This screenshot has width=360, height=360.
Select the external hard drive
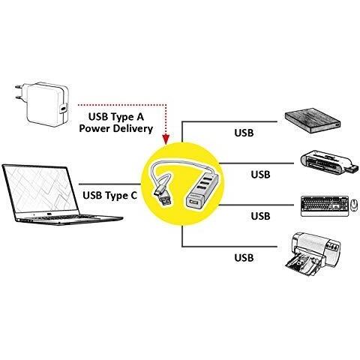pyautogui.click(x=313, y=121)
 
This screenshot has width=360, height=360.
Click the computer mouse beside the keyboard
pyautogui.click(x=354, y=205)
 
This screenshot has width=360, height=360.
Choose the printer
pyautogui.click(x=313, y=254)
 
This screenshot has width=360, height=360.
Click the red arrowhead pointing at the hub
pyautogui.click(x=166, y=139)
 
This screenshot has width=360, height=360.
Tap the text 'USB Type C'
pyautogui.click(x=109, y=195)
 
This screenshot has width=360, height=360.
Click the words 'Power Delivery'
pyautogui.click(x=115, y=128)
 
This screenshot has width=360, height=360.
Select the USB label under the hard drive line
pyautogui.click(x=244, y=133)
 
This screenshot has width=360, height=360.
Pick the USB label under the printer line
pyautogui.click(x=244, y=258)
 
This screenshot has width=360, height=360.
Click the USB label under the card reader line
pyautogui.click(x=260, y=174)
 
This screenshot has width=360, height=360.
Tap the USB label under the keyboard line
pyautogui.click(x=260, y=216)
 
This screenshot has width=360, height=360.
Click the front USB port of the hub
pyautogui.click(x=194, y=201)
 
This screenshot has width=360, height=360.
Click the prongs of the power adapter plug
pyautogui.click(x=19, y=92)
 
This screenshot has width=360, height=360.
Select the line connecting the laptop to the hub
pyautogui.click(x=110, y=184)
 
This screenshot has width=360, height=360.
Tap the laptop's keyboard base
pyautogui.click(x=70, y=219)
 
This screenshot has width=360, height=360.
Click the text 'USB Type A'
pyautogui.click(x=116, y=117)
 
